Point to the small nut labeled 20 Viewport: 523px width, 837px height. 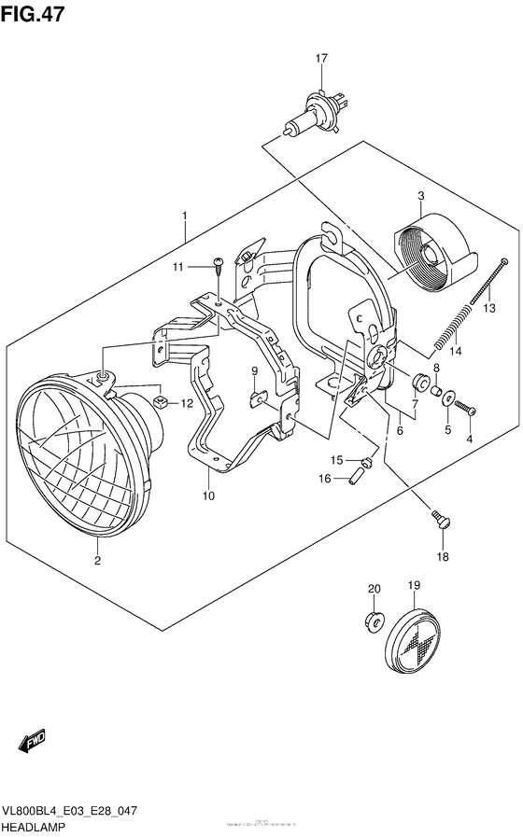[x=374, y=620]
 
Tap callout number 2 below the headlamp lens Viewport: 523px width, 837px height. [x=96, y=560]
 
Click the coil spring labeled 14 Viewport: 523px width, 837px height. [x=450, y=330]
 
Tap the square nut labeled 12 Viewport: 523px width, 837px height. [x=162, y=403]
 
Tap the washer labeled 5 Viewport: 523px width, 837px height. [x=449, y=398]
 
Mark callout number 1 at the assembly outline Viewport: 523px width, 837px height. [x=185, y=216]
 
